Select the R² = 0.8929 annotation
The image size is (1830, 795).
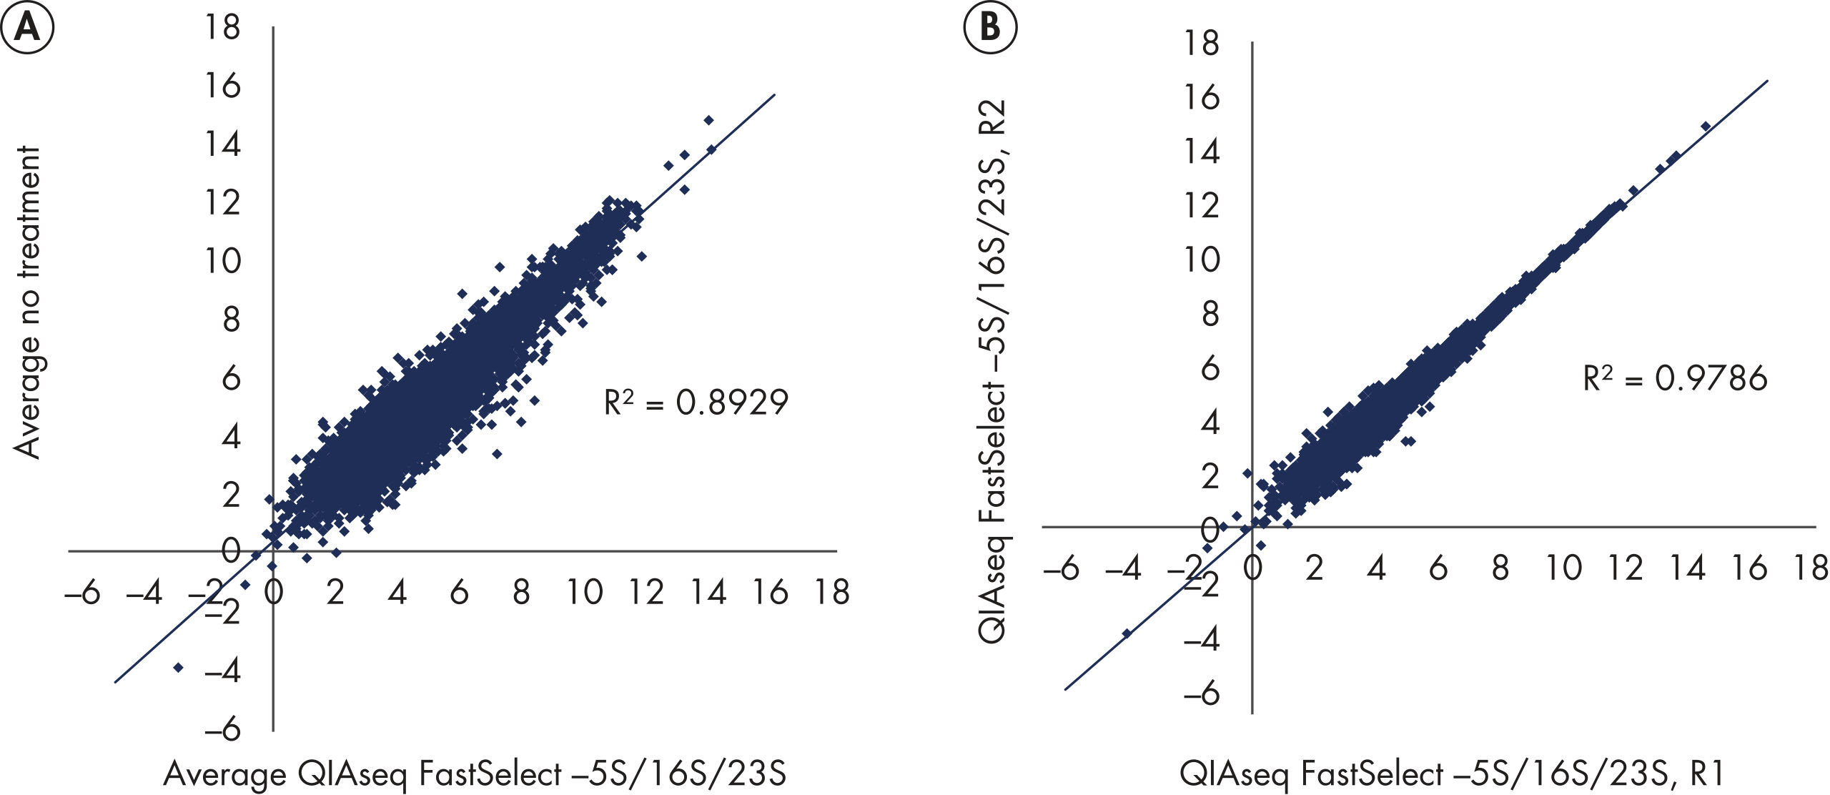click(696, 403)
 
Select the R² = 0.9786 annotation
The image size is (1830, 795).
click(1675, 378)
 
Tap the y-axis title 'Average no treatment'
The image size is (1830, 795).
click(28, 302)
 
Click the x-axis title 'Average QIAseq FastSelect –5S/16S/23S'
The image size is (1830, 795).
click(475, 774)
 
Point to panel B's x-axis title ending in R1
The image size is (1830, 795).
click(1452, 774)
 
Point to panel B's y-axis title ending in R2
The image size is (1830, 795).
click(993, 372)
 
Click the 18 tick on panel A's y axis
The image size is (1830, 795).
click(223, 28)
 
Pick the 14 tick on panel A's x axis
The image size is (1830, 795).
click(708, 593)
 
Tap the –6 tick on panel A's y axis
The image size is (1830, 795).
click(223, 730)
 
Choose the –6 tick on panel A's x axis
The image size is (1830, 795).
click(82, 593)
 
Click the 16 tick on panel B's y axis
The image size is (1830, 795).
click(1202, 97)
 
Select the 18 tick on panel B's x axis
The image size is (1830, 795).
click(1811, 568)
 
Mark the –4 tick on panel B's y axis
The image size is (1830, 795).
click(1202, 639)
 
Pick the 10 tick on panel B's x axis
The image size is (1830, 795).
click(1563, 568)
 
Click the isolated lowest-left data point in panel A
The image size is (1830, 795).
click(178, 667)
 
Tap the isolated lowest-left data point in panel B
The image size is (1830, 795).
click(1127, 633)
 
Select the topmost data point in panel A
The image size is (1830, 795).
click(708, 120)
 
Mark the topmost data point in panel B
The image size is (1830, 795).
click(1706, 127)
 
